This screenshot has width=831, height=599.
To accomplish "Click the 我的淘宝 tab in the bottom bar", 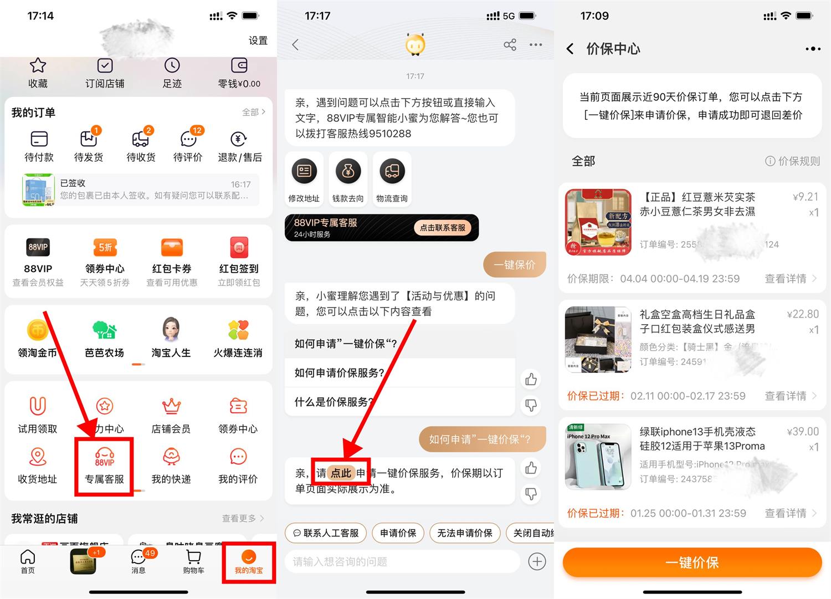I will click(249, 562).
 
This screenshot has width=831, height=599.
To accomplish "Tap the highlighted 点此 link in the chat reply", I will click(340, 473).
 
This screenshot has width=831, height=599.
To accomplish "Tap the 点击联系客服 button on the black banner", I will click(442, 228).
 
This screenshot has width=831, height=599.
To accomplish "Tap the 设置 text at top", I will click(258, 40).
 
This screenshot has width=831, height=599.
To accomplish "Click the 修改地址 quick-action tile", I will click(304, 179).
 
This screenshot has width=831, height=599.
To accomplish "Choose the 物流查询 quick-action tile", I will click(392, 179).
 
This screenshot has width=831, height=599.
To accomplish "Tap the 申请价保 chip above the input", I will click(398, 533).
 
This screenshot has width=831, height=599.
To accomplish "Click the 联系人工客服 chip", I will click(326, 533).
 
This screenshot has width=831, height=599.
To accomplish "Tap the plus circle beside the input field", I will click(537, 561).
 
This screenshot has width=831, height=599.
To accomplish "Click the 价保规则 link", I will click(792, 161).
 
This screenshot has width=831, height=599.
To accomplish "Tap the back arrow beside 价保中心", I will click(570, 49).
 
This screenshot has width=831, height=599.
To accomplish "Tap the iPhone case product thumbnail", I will click(598, 457).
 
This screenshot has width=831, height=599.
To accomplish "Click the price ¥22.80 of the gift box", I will click(802, 314).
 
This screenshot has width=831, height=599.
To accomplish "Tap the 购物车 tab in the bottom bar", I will click(193, 561).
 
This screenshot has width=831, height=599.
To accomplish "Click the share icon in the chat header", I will click(510, 45).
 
